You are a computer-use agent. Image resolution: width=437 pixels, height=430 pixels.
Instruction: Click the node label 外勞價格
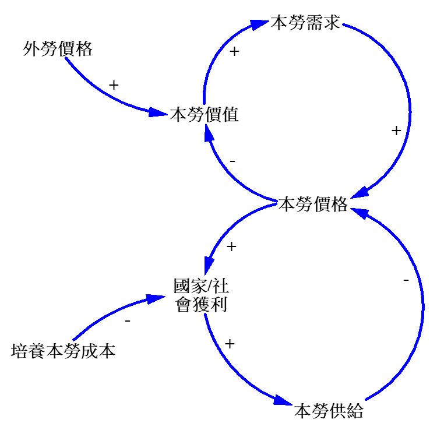(x=58, y=49)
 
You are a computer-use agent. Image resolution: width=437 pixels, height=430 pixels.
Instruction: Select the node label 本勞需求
(x=306, y=25)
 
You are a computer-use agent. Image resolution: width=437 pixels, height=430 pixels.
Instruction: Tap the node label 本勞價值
(x=205, y=115)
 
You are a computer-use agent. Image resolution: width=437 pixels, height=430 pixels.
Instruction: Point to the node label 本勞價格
(x=313, y=205)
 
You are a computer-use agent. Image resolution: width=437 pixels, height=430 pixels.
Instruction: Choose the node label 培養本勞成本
(x=63, y=351)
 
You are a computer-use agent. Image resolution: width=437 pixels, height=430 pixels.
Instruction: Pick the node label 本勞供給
(x=329, y=411)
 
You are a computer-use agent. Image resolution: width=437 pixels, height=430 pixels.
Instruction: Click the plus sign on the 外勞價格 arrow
(x=114, y=85)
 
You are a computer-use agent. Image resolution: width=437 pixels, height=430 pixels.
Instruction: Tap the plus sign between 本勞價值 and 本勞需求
(x=234, y=51)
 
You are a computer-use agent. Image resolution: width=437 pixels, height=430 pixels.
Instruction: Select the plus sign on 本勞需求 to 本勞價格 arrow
(x=396, y=131)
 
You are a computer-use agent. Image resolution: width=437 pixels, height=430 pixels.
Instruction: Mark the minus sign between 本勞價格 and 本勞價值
(x=232, y=160)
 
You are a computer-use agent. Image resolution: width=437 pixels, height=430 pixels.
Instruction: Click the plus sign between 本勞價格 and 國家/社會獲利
(x=231, y=247)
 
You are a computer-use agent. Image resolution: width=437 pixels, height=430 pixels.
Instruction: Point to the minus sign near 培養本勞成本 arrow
(x=128, y=321)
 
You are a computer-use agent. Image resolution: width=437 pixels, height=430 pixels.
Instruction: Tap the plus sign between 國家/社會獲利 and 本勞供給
(x=229, y=344)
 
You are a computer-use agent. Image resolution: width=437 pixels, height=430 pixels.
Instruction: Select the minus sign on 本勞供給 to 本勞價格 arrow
(x=406, y=281)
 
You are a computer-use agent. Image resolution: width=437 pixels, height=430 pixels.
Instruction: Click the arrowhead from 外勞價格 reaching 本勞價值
(x=158, y=112)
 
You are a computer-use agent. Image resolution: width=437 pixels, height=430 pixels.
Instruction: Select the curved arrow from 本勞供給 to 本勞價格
(x=421, y=309)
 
